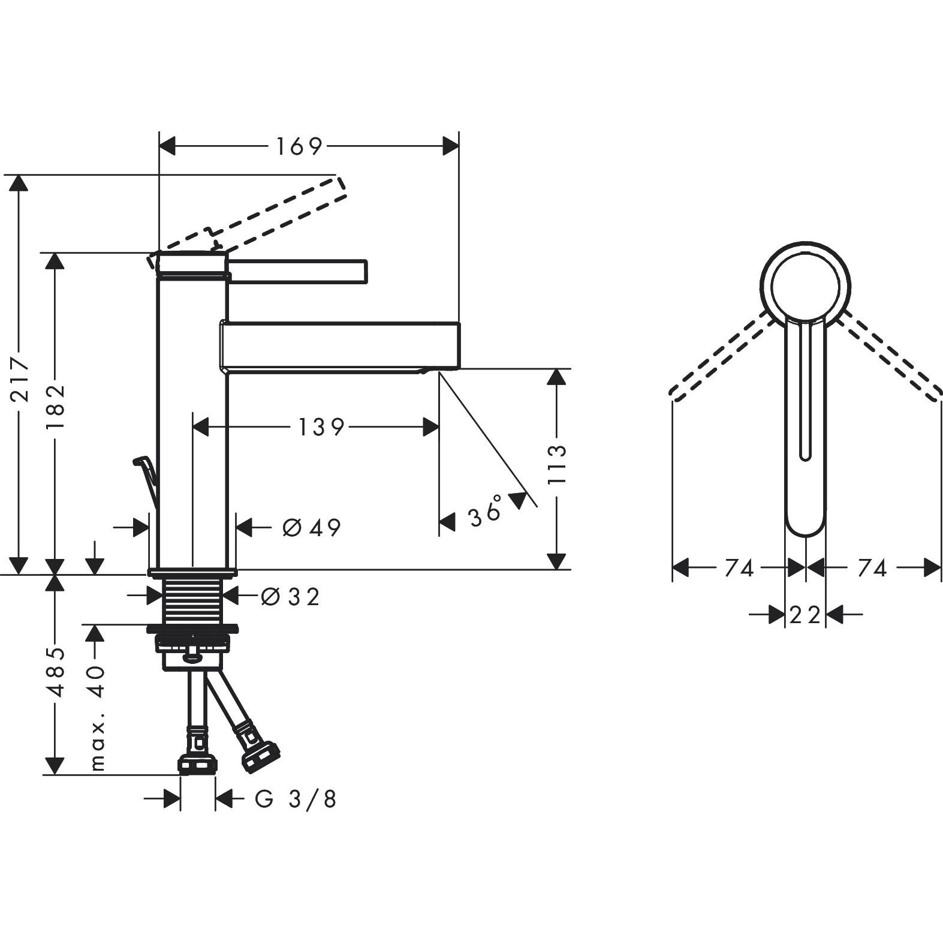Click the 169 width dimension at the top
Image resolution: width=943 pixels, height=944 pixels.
[x=299, y=146]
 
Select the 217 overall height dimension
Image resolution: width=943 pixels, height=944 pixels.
[x=22, y=379]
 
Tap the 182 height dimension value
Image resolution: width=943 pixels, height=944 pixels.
[x=55, y=406]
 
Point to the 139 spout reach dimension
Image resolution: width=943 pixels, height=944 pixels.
[x=321, y=427]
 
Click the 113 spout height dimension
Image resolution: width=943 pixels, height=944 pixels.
[x=557, y=464]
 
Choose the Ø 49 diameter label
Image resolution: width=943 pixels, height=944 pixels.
[x=312, y=528]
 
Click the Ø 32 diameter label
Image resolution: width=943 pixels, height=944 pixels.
[x=291, y=597]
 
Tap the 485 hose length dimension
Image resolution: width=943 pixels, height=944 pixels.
[x=56, y=672]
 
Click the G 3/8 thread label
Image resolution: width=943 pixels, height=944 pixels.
[x=296, y=799]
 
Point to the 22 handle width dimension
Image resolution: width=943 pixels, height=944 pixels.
[x=805, y=615]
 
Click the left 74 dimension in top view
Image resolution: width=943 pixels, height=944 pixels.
[x=739, y=568]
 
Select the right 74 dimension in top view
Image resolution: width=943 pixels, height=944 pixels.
[x=872, y=568]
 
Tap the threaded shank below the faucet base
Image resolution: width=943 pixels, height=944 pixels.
[x=193, y=602]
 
